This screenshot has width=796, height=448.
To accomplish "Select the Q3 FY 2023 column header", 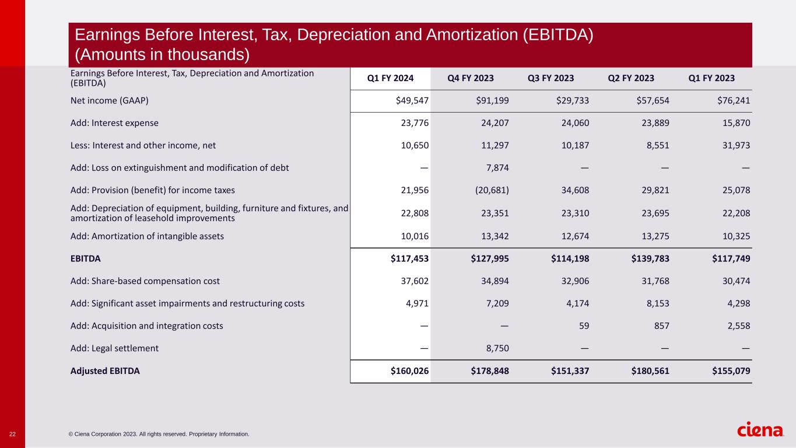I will (550, 78).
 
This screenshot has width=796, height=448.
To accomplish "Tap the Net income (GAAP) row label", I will (109, 100).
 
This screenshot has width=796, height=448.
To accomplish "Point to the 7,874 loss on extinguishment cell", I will (496, 168).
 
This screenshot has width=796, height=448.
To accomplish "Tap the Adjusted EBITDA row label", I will (105, 370).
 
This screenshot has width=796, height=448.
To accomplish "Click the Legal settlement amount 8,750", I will (496, 348).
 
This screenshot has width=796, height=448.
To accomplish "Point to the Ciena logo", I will (760, 430).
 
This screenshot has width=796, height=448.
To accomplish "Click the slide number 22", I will (12, 433).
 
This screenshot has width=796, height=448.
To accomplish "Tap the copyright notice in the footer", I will (159, 434).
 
